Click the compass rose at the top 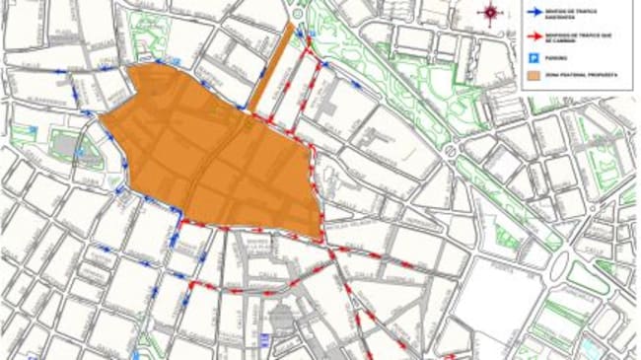491,12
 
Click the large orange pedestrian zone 222,153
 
